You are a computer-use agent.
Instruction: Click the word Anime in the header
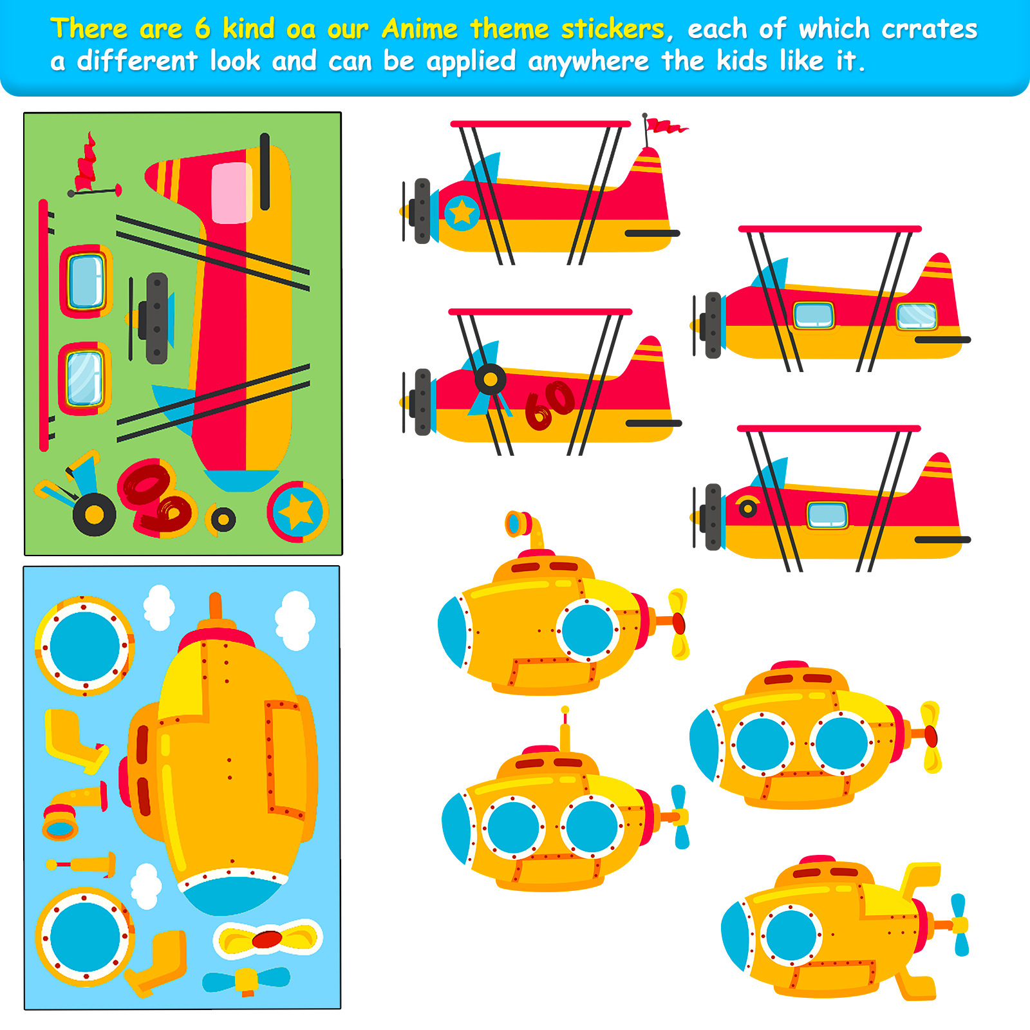[x=419, y=29]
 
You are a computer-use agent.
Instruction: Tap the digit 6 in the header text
[x=203, y=29]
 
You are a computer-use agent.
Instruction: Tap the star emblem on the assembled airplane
[x=462, y=212]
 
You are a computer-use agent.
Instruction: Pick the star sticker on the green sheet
[x=297, y=512]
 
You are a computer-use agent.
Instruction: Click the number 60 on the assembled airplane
[x=549, y=404]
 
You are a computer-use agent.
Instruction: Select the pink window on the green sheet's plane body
[x=231, y=192]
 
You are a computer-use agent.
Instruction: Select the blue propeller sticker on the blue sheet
[x=247, y=980]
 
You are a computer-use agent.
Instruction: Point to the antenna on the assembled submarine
[x=565, y=728]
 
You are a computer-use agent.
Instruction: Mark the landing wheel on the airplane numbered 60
[x=490, y=380]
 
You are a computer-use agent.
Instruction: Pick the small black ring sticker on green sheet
[x=223, y=519]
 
